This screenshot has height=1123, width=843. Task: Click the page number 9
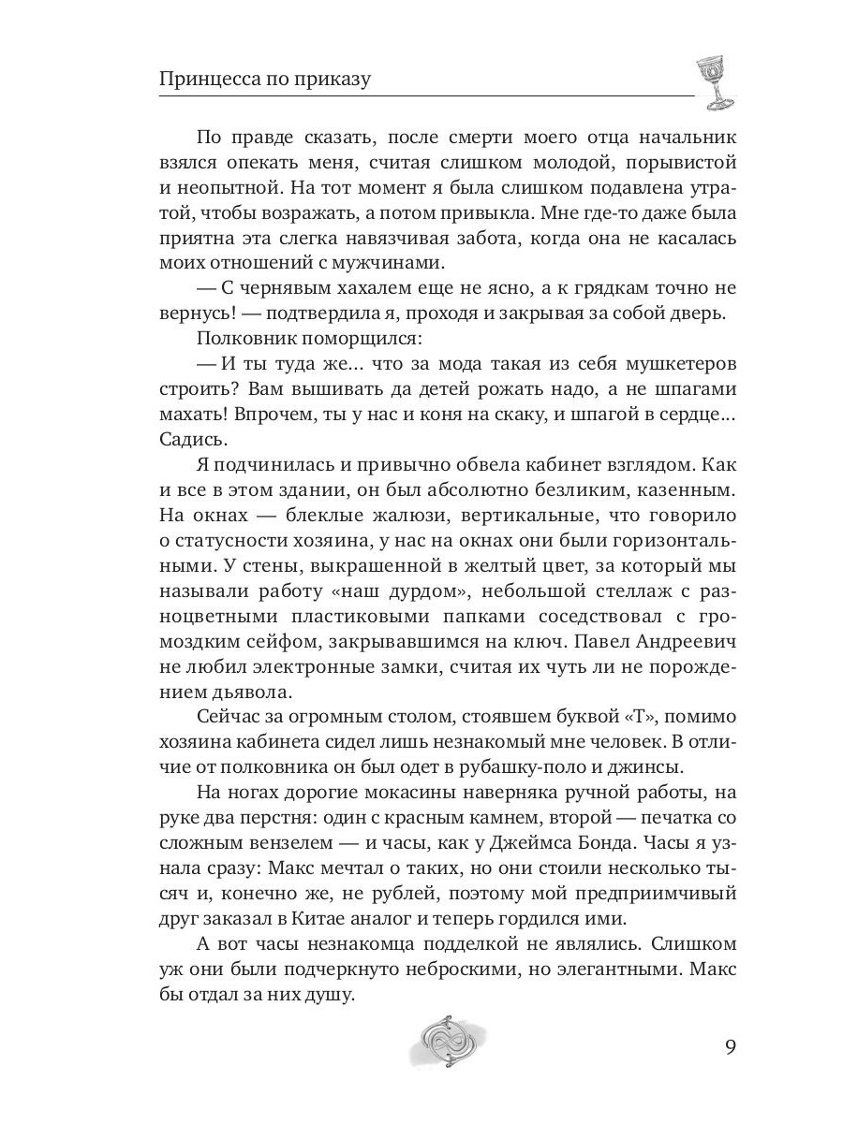[x=731, y=1045]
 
